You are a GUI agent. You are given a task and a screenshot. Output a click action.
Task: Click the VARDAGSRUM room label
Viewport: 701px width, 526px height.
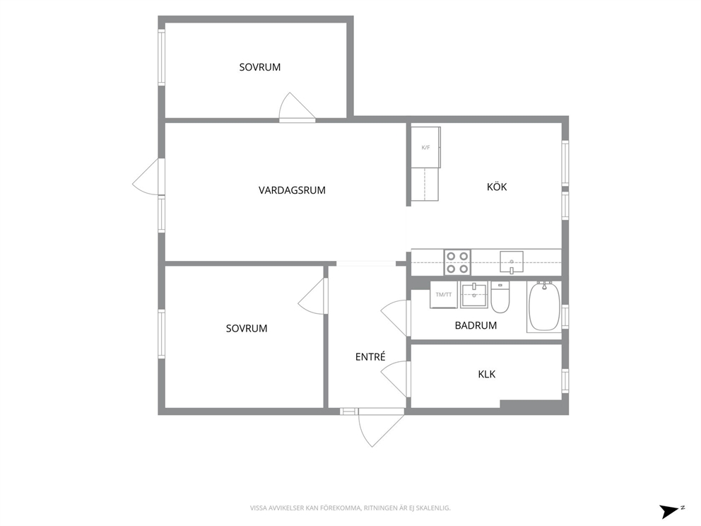click(292, 190)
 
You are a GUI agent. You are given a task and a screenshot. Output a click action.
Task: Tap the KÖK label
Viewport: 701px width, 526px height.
click(497, 187)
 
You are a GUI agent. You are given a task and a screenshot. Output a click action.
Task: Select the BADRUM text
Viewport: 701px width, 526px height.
click(476, 326)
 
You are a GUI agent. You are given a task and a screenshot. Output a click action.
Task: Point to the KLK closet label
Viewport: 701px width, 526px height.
click(487, 375)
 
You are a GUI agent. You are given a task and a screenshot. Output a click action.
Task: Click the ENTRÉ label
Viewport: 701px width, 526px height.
click(370, 356)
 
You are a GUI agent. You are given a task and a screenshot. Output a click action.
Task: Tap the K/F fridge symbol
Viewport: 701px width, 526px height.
click(425, 147)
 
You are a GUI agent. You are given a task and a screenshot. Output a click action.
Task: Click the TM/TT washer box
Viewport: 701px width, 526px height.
click(444, 295)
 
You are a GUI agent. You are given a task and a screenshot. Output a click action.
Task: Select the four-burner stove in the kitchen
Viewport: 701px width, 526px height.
click(457, 262)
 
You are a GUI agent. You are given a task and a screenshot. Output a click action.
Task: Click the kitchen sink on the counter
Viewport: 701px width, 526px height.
click(512, 262)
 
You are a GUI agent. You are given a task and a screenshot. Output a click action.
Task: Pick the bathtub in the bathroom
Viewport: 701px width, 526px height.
click(543, 306)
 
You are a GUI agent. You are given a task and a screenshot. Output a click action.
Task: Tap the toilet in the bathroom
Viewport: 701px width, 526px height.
click(500, 297)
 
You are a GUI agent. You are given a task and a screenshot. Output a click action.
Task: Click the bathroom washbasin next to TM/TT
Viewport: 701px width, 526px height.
click(474, 295)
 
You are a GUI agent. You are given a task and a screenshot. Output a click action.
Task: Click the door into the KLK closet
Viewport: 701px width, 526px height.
click(395, 378)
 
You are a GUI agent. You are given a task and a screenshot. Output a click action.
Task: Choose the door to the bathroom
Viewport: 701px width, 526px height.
click(395, 317)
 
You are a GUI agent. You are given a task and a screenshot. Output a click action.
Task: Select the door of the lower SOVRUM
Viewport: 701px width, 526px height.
click(313, 296)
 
